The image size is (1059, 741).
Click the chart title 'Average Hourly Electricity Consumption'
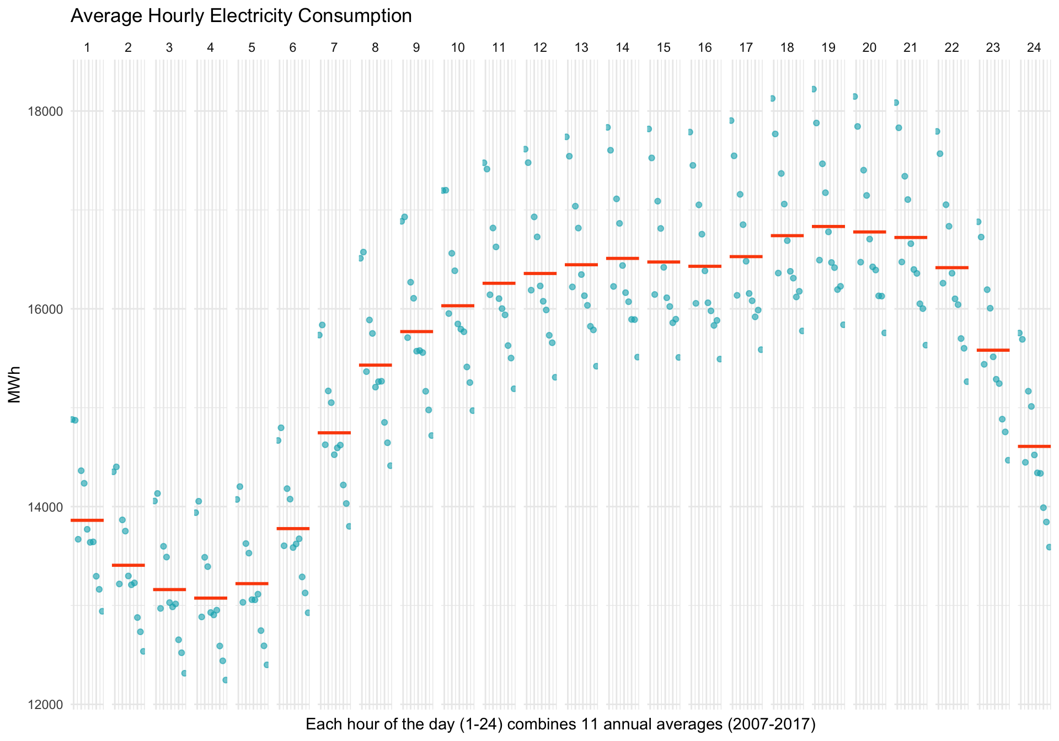[241, 16]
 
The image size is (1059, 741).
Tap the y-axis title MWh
[15, 384]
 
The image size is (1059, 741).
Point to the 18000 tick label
[45, 111]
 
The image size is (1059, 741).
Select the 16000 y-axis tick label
[45, 309]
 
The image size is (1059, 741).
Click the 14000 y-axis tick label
[45, 507]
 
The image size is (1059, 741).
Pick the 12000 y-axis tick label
[45, 705]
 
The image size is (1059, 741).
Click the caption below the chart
[560, 724]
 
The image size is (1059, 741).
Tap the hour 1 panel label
[87, 48]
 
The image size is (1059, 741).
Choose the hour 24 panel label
[1034, 48]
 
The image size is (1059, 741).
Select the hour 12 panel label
[540, 48]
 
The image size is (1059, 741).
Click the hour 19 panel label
[828, 48]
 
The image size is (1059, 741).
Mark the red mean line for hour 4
[211, 598]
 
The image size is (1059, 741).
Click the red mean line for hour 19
[828, 226]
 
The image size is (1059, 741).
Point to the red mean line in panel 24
[1034, 446]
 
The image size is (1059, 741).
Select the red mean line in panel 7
[334, 432]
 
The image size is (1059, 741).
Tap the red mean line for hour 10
[458, 305]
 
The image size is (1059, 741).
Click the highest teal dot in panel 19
[814, 89]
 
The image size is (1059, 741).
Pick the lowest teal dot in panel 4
[225, 680]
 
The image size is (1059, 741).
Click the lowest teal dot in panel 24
[1049, 547]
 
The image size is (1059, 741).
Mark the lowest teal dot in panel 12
[555, 377]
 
